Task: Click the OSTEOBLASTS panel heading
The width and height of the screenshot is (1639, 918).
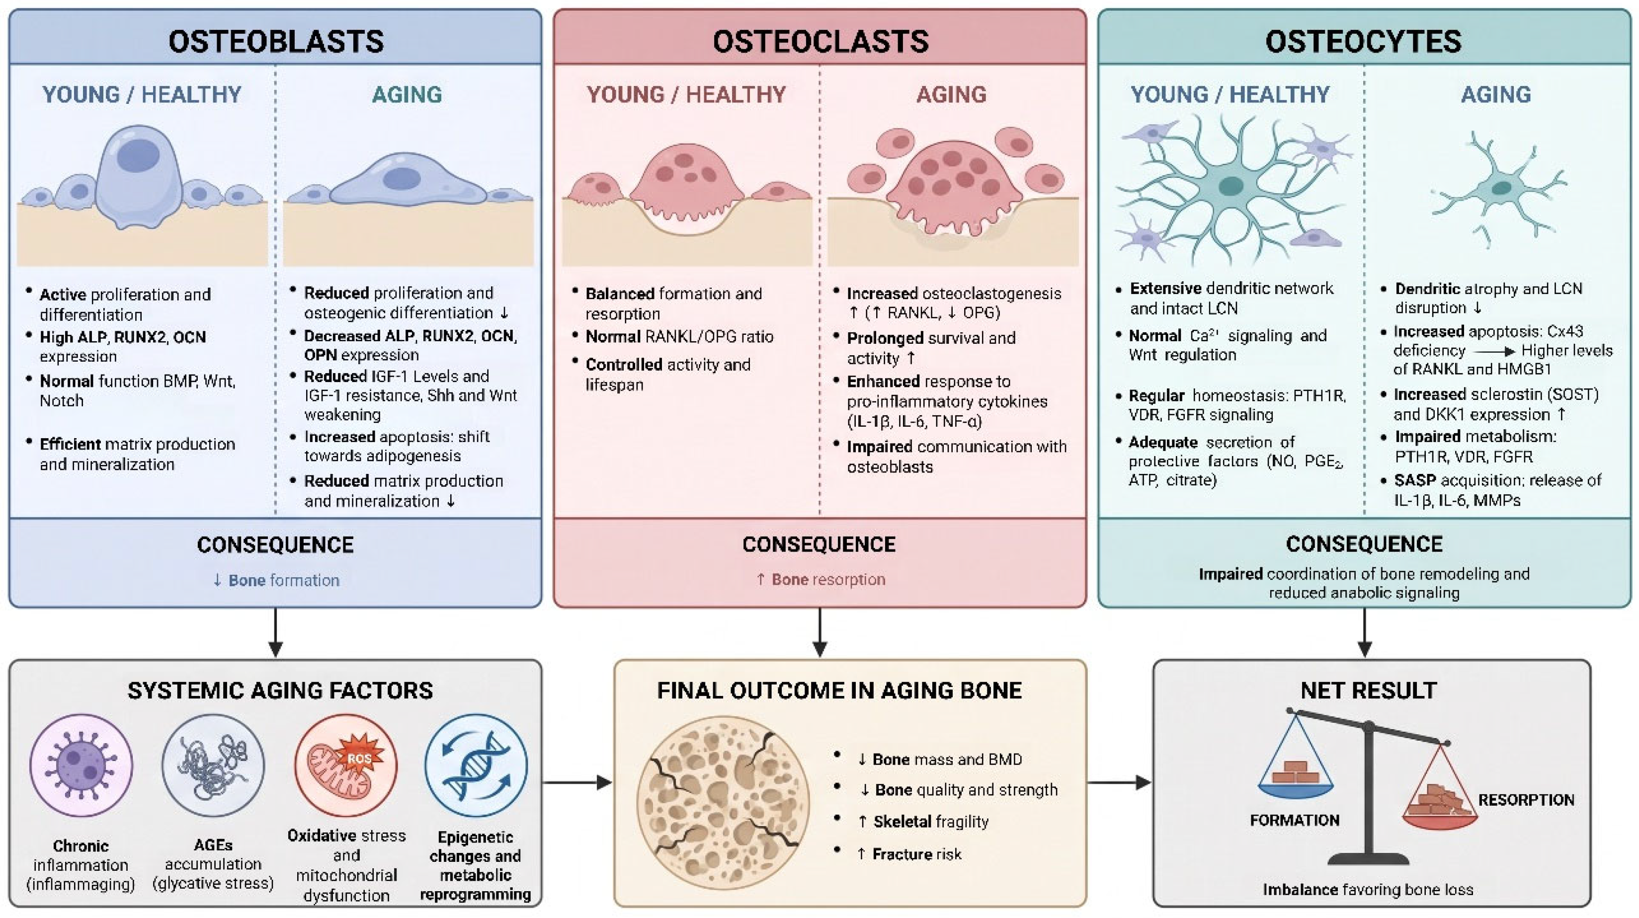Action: click(x=275, y=41)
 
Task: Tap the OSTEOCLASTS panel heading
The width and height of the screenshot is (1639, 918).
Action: click(x=820, y=41)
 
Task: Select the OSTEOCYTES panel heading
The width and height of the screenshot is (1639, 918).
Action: click(x=1364, y=41)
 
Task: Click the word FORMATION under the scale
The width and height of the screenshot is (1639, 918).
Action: click(x=1294, y=820)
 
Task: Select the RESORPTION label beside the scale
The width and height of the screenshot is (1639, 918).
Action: click(x=1526, y=800)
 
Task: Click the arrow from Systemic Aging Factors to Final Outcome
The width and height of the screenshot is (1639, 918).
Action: click(x=576, y=782)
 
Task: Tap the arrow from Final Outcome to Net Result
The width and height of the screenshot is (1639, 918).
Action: click(x=1119, y=782)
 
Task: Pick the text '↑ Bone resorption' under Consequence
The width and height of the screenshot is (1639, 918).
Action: click(x=820, y=580)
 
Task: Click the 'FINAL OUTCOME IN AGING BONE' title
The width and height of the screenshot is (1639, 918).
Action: click(x=839, y=691)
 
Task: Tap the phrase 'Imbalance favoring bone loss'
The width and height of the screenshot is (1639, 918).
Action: click(x=1368, y=889)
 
